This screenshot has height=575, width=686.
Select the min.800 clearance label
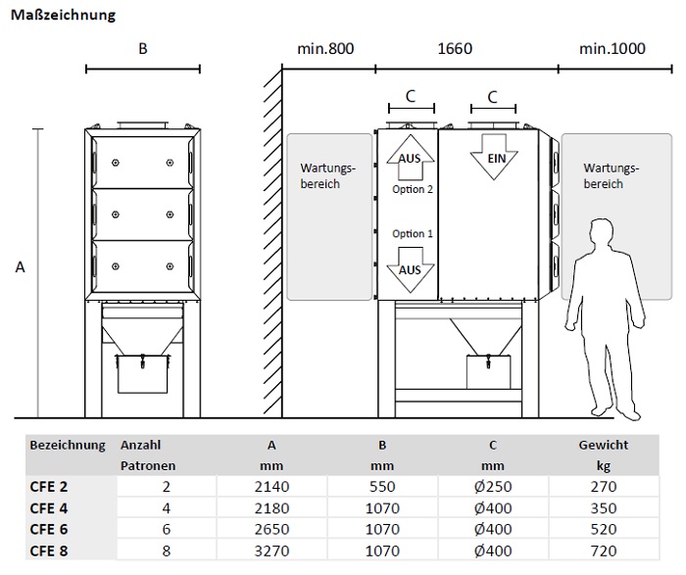pyautogui.click(x=324, y=48)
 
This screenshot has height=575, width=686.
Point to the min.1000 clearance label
pyautogui.click(x=612, y=48)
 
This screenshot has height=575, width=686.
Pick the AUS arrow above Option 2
pyautogui.click(x=411, y=158)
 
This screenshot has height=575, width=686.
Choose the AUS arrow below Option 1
pyautogui.click(x=411, y=271)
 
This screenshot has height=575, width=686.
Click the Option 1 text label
pyautogui.click(x=412, y=234)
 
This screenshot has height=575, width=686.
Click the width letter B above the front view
pyautogui.click(x=142, y=48)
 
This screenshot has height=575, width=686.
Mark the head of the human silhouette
pyautogui.click(x=600, y=233)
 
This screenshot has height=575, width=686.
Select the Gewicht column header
pyautogui.click(x=603, y=445)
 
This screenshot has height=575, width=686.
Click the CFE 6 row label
pyautogui.click(x=49, y=528)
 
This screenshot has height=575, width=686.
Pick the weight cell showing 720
pyautogui.click(x=603, y=551)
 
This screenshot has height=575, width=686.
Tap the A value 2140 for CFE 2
pyautogui.click(x=271, y=485)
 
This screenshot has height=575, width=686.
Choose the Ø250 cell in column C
pyautogui.click(x=493, y=485)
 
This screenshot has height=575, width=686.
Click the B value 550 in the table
pyautogui.click(x=381, y=485)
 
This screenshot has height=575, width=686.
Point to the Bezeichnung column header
pyautogui.click(x=68, y=445)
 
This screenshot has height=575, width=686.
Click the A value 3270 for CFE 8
pyautogui.click(x=271, y=551)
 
